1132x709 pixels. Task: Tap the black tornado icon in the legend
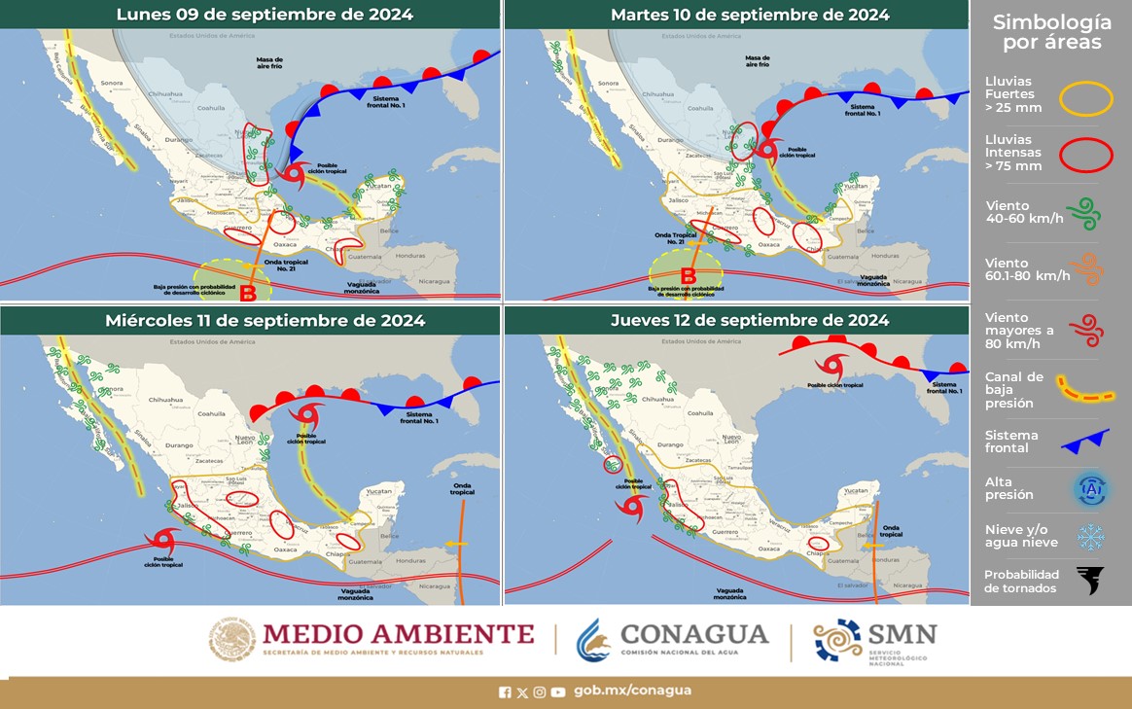point(1090,581)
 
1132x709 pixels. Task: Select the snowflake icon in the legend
point(1090,537)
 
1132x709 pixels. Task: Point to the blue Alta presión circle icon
point(1090,489)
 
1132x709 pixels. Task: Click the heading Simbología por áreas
point(1052,32)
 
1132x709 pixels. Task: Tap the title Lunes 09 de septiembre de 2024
point(251,15)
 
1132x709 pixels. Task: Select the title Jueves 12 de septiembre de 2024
point(750,320)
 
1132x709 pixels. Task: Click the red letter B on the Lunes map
point(248,292)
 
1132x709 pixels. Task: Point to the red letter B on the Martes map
point(688,275)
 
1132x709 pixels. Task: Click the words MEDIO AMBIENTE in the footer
point(399,634)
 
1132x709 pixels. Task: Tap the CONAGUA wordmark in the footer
point(694,634)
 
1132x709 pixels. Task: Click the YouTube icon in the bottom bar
point(557,691)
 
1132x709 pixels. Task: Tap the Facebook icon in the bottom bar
point(505,691)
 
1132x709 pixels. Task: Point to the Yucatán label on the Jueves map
point(854,491)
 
